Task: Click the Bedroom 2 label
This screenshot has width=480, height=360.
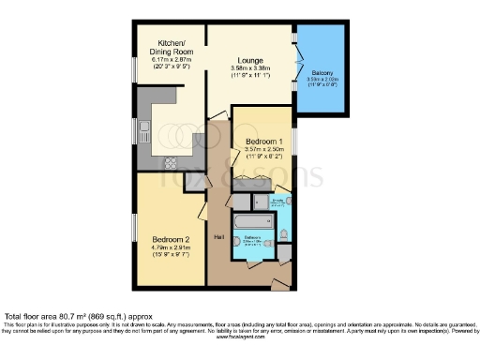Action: point(171,240)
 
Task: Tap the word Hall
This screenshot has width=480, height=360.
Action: point(218,236)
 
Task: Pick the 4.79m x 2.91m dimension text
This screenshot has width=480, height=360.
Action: point(171,248)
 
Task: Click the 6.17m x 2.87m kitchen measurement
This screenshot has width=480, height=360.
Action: point(171,60)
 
